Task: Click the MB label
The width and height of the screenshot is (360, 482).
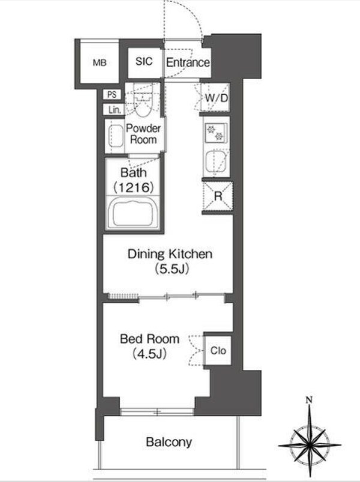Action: pos(100,63)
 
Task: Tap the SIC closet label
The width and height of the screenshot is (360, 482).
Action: pos(144,61)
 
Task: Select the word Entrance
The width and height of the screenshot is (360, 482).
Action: pos(188,62)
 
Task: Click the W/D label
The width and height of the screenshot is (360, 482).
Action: pos(217,98)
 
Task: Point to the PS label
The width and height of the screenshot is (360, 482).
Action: pos(112,94)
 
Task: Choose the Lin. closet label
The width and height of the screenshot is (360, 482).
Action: pos(115,110)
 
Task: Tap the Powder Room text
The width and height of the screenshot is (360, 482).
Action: pos(143,134)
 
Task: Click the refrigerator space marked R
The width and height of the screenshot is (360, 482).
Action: pos(218,196)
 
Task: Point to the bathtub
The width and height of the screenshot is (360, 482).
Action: pos(133,213)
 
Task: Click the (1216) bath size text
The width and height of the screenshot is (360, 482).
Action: pos(134,188)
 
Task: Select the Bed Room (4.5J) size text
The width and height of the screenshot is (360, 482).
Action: pos(149,354)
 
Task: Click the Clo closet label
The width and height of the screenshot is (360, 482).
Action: pos(218,351)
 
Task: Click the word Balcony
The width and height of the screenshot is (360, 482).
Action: pos(169,442)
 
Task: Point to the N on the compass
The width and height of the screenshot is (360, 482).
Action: pos(309,400)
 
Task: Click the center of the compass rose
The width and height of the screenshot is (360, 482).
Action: pos(310,444)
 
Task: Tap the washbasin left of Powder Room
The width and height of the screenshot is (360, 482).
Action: pos(115,136)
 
